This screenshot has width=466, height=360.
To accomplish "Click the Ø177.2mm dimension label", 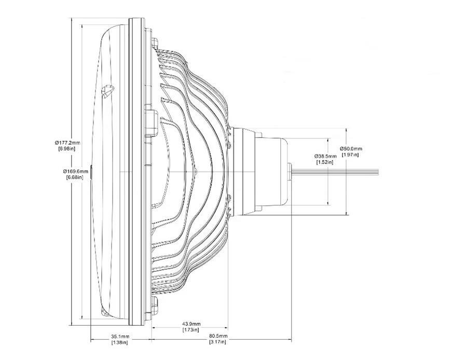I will click(67, 143).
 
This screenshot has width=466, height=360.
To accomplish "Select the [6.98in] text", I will click(67, 149).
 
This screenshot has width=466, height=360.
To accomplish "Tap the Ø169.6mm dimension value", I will click(76, 171).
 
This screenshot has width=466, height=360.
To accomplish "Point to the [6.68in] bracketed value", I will click(76, 177).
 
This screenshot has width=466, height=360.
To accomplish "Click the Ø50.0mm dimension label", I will click(350, 148).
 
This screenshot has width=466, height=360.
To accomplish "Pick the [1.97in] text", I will click(350, 155).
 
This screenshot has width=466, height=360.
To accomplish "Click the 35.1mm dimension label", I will click(120, 336).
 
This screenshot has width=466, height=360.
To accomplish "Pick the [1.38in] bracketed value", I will click(120, 342).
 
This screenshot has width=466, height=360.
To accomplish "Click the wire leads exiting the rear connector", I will click(337, 171).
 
